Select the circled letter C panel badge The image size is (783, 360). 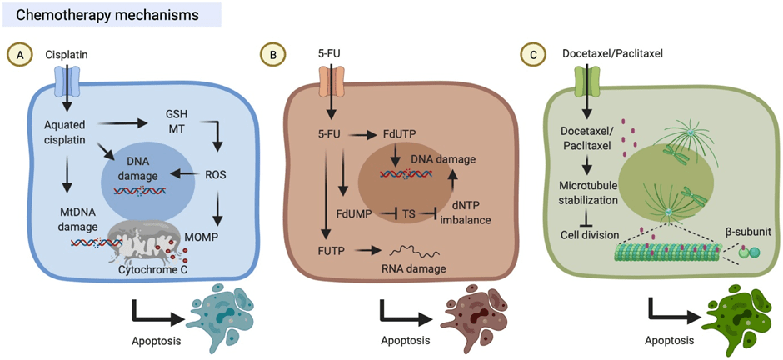point(529,55)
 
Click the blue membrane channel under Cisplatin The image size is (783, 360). point(66,81)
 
